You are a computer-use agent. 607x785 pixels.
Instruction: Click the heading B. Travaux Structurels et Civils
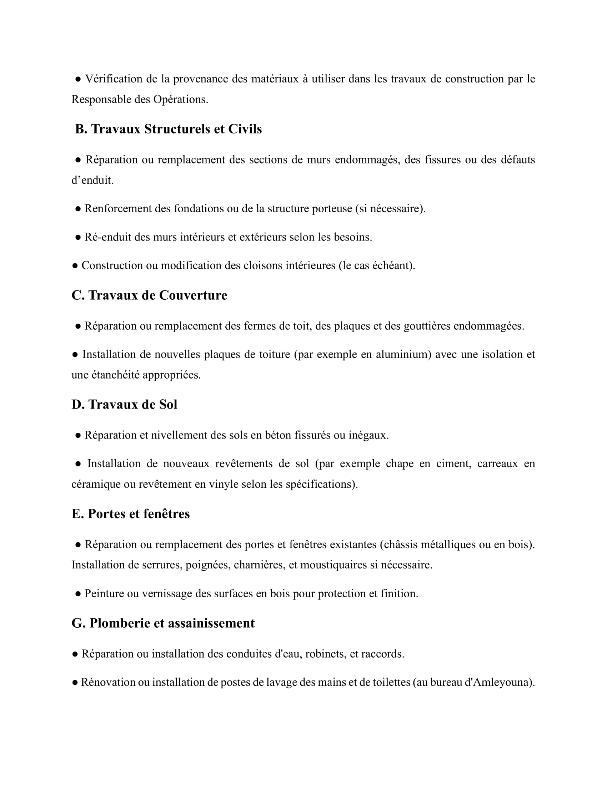pyautogui.click(x=168, y=129)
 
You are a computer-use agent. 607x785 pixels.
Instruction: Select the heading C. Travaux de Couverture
pyautogui.click(x=149, y=295)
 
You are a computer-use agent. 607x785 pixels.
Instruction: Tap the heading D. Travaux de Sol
pyautogui.click(x=124, y=404)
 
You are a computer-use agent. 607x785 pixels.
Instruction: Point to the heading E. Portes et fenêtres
pyautogui.click(x=131, y=513)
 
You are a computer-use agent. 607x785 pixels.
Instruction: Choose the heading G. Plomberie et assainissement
pyautogui.click(x=163, y=623)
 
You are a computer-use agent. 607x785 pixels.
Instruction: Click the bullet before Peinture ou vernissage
pyautogui.click(x=78, y=594)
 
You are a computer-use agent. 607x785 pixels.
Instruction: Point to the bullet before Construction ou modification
pyautogui.click(x=75, y=265)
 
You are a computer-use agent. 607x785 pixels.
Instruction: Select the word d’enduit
pyautogui.click(x=92, y=180)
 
